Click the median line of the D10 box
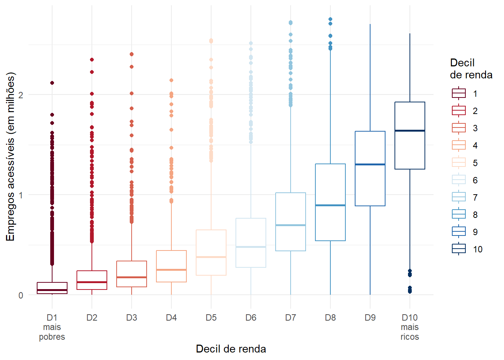tap(409, 130)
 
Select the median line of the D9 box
tap(370, 164)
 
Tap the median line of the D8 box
tap(330, 205)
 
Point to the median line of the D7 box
tap(290, 225)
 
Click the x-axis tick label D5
tap(211, 318)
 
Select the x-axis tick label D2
tap(91, 318)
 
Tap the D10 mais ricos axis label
tap(409, 327)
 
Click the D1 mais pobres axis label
tap(52, 327)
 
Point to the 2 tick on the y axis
tap(21, 94)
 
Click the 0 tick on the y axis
tap(21, 295)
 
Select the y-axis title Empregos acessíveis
tap(10, 157)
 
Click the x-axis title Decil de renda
tap(231, 349)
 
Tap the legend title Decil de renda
tap(471, 69)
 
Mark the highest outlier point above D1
tap(52, 83)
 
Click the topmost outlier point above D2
tap(91, 60)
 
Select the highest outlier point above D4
tap(171, 80)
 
